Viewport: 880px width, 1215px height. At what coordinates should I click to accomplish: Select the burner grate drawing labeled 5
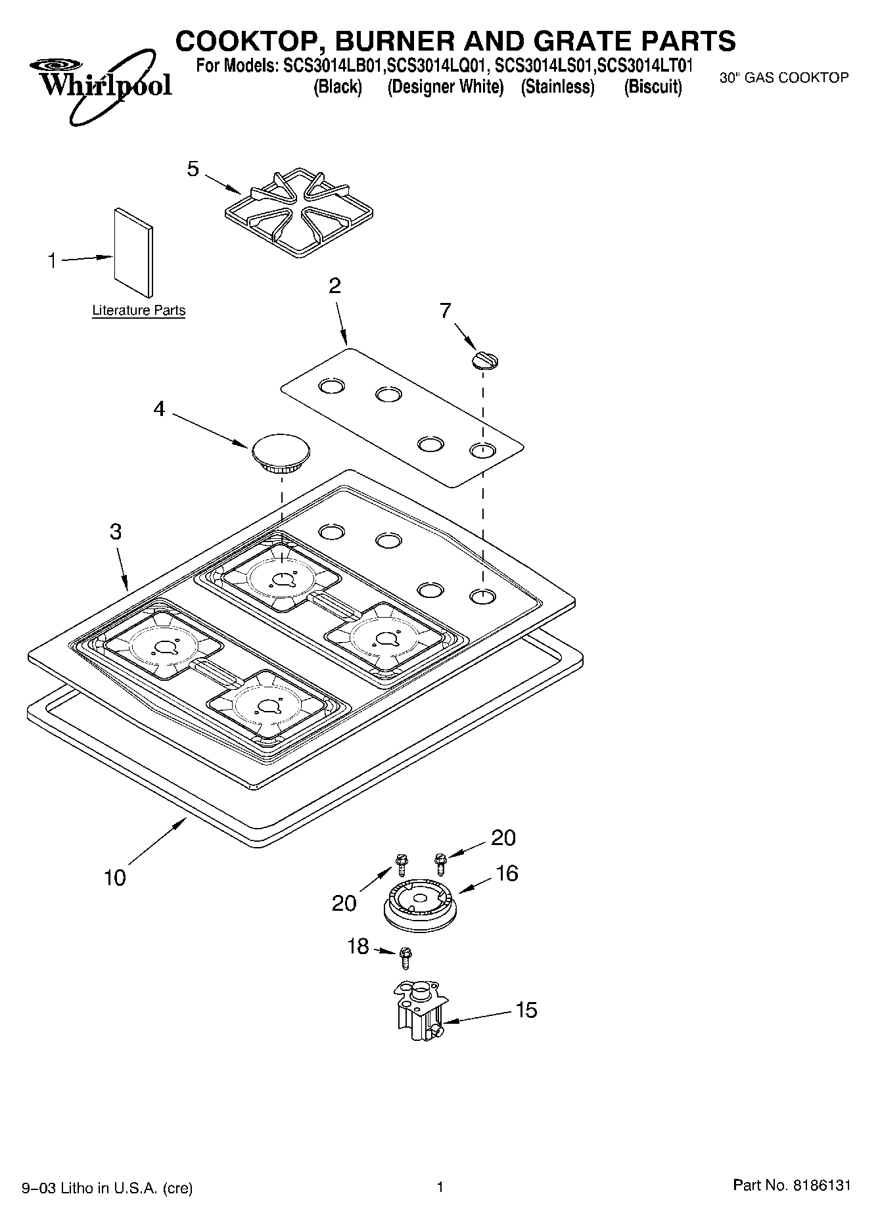[299, 210]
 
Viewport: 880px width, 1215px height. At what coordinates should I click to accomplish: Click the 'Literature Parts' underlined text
[139, 310]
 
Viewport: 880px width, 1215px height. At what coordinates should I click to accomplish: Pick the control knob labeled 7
[485, 360]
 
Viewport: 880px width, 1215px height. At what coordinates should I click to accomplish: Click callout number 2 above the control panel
[335, 285]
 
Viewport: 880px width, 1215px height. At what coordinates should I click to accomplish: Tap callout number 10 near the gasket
[115, 877]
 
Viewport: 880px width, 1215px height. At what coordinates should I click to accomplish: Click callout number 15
[526, 1009]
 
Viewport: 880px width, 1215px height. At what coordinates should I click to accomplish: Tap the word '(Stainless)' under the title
[557, 87]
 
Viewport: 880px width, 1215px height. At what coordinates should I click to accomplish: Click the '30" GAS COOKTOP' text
[784, 78]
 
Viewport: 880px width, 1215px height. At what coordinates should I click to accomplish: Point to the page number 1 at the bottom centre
[440, 1187]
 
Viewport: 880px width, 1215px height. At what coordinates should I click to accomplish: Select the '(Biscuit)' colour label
[653, 87]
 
